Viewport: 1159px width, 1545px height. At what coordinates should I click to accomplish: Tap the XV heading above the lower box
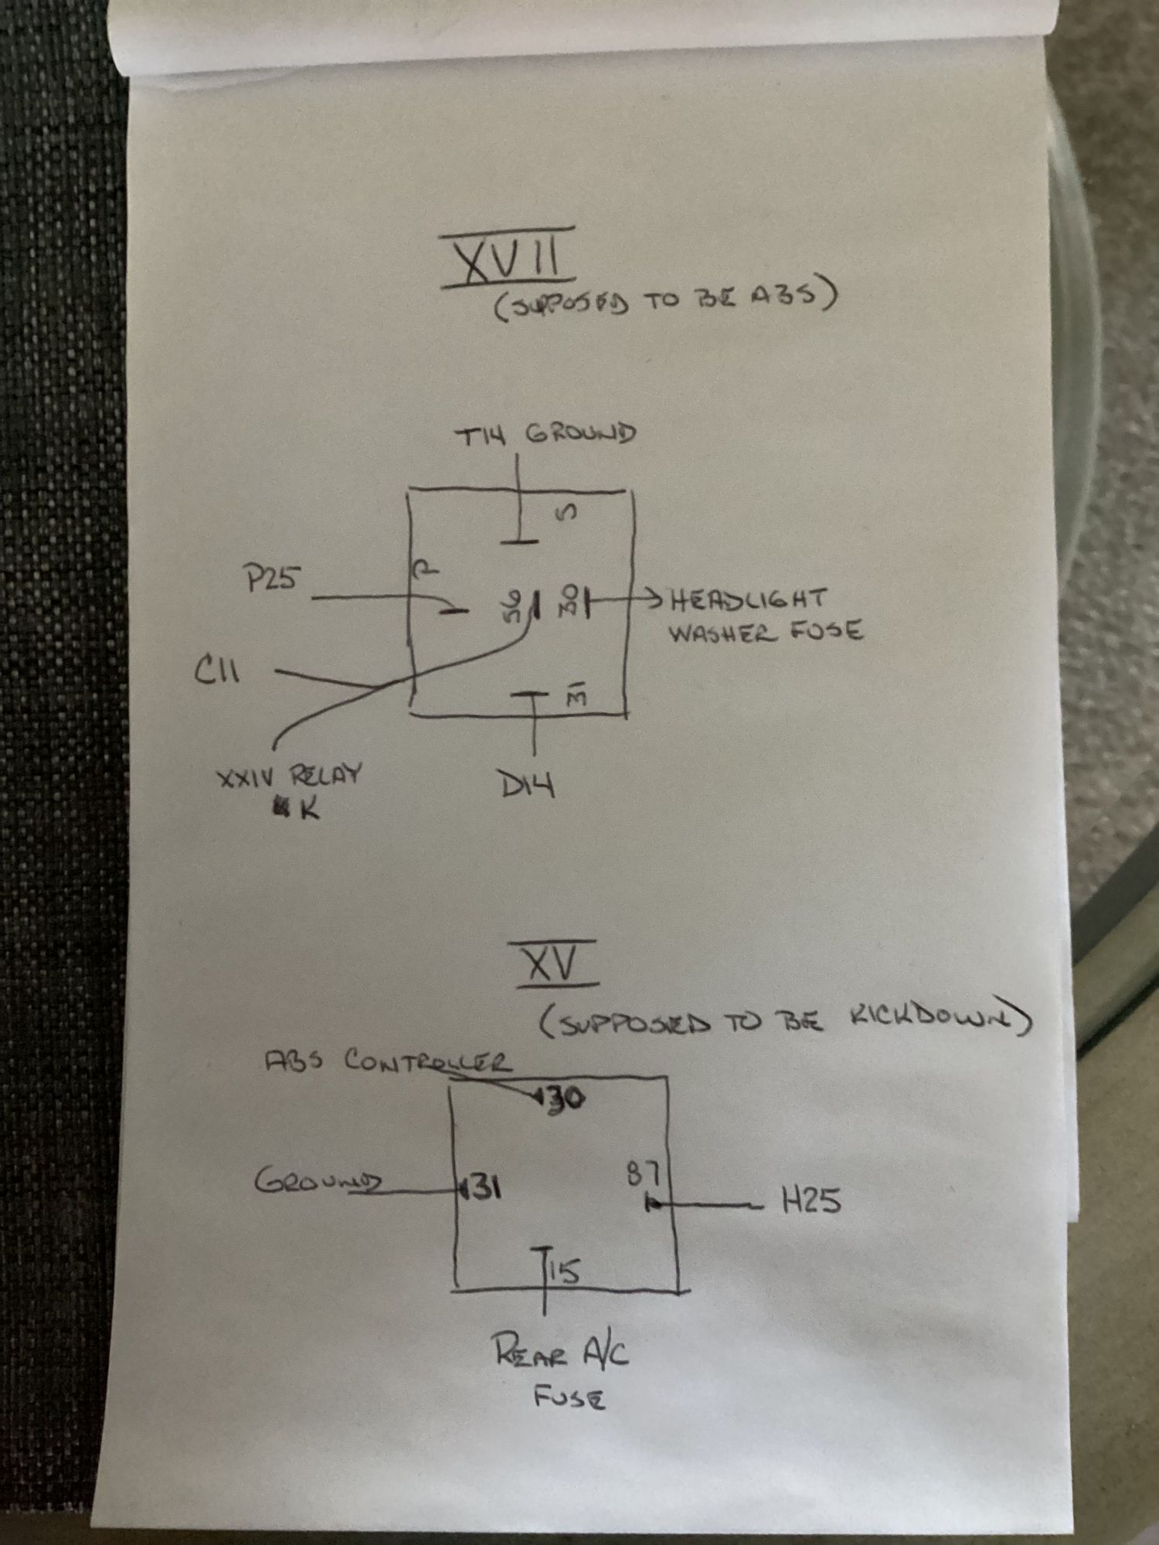(x=556, y=964)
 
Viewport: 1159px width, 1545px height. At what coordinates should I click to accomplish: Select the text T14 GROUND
(x=545, y=435)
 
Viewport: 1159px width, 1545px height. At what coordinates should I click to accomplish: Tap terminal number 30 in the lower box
(x=569, y=1097)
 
